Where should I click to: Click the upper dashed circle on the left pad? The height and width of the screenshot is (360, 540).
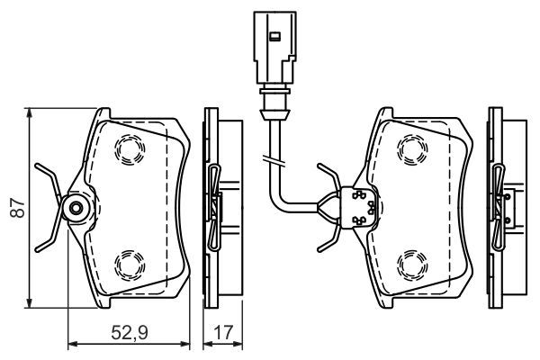point(126,149)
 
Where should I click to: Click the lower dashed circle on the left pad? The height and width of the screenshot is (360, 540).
point(126,265)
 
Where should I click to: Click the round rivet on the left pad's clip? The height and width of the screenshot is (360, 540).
point(75,210)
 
